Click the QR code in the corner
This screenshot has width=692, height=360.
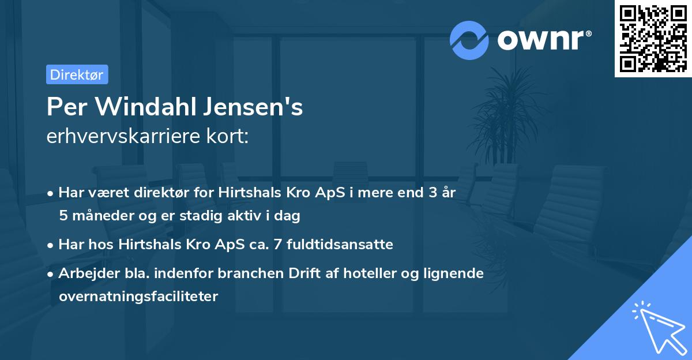[x=653, y=39]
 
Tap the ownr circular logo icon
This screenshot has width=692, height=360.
[x=469, y=40]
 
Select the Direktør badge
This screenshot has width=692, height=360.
[x=77, y=74]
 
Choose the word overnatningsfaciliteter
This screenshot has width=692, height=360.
[x=138, y=297]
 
